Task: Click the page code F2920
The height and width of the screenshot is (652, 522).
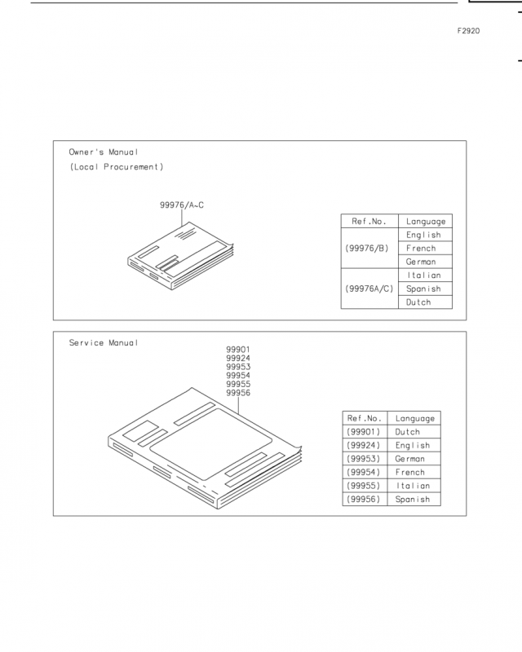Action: coord(468,31)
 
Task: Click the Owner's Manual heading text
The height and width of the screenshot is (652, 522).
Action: coord(104,152)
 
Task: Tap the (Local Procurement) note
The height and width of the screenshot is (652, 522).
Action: coord(117,167)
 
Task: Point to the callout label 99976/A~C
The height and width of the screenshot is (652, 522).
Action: coord(182,205)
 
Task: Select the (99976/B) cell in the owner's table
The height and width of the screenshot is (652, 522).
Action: coord(367,249)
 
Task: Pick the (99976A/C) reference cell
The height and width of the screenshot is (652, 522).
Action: coord(369,289)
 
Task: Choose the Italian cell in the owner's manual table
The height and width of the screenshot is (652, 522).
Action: coord(424,275)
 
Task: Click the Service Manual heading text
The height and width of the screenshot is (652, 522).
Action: coord(104,343)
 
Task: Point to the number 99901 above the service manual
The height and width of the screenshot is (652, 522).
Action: coord(238,350)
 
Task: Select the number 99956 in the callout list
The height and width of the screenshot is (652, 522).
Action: coord(238,393)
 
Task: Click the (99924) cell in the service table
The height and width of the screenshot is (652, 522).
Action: coord(364,445)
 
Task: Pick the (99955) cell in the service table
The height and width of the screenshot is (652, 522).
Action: coord(364,486)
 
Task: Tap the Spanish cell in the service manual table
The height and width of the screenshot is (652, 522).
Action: coord(413,500)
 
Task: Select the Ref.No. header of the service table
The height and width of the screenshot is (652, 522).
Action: coord(365,418)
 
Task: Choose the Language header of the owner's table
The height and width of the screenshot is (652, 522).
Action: coord(426,222)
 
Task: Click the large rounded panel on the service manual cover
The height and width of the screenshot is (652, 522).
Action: coord(211,444)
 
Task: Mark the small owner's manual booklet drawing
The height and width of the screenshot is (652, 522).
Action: coord(180,256)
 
